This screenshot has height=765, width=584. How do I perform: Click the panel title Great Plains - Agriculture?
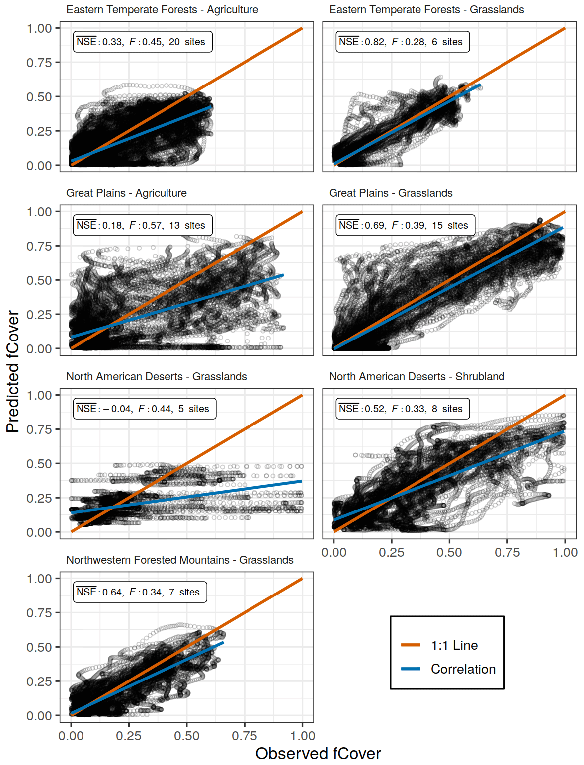(x=126, y=193)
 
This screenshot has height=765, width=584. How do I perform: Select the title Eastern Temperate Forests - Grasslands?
(x=426, y=10)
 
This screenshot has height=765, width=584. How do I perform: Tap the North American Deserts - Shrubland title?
(x=417, y=377)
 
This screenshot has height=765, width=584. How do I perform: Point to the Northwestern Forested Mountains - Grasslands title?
(x=179, y=560)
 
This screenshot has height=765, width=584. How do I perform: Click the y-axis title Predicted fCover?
(x=13, y=371)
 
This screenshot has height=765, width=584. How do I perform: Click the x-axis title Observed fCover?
(x=318, y=754)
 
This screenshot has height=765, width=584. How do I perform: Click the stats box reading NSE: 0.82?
(x=403, y=42)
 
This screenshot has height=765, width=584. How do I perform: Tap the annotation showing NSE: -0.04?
(x=145, y=409)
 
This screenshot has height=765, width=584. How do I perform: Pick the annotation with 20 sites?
(x=143, y=42)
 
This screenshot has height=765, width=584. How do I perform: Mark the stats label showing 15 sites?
(x=405, y=225)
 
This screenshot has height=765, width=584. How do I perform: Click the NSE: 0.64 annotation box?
(x=140, y=592)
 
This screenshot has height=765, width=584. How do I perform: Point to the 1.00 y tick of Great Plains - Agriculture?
(x=39, y=212)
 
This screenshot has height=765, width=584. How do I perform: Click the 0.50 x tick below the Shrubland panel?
(x=449, y=552)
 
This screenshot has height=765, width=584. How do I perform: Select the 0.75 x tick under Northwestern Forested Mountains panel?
(x=245, y=736)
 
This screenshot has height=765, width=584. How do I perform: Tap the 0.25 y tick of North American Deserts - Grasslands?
(x=39, y=498)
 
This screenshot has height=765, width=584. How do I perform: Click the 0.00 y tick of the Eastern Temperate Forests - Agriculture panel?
(x=39, y=166)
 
